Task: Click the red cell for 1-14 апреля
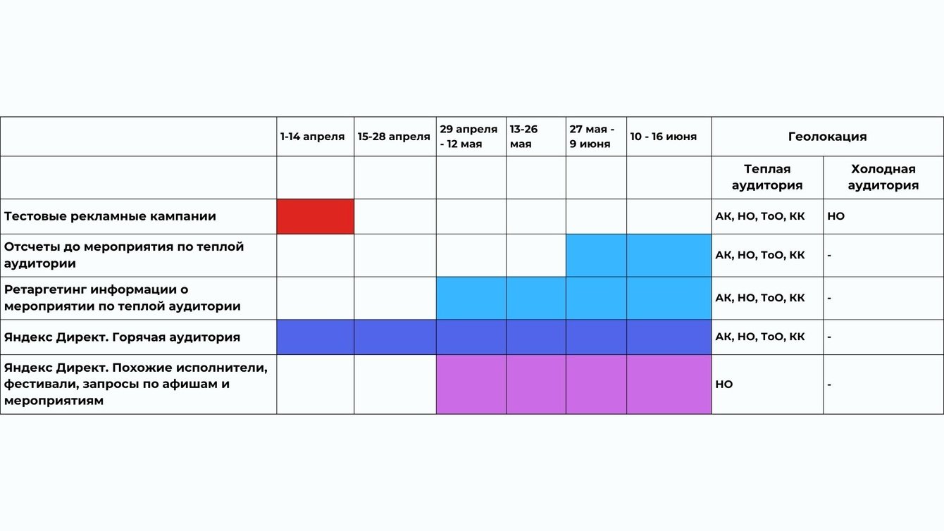pyautogui.click(x=315, y=216)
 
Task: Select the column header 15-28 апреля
pyautogui.click(x=393, y=137)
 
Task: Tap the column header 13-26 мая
pyautogui.click(x=523, y=137)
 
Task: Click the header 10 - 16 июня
pyautogui.click(x=663, y=137)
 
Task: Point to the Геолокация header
pyautogui.click(x=827, y=137)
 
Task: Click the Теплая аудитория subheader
pyautogui.click(x=766, y=177)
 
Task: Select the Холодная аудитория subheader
pyautogui.click(x=883, y=177)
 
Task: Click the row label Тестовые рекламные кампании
pyautogui.click(x=110, y=216)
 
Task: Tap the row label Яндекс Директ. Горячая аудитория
pyautogui.click(x=122, y=337)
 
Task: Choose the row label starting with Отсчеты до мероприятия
pyautogui.click(x=124, y=255)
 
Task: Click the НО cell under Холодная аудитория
pyautogui.click(x=836, y=216)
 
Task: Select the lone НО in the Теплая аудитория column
pyautogui.click(x=724, y=385)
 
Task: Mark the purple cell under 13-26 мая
pyautogui.click(x=535, y=385)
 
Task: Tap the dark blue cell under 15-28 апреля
pyautogui.click(x=395, y=337)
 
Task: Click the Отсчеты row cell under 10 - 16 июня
pyautogui.click(x=669, y=255)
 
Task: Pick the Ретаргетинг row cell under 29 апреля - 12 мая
pyautogui.click(x=471, y=298)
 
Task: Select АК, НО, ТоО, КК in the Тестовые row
pyautogui.click(x=759, y=216)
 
